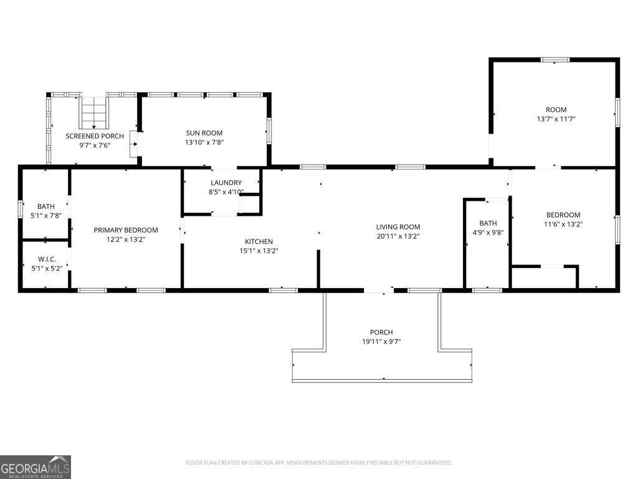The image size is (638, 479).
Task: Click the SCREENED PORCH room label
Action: click(95, 136)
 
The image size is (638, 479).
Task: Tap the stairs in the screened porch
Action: click(94, 112)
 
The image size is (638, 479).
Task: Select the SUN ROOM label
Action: click(204, 133)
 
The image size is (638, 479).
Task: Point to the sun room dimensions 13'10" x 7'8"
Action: click(204, 142)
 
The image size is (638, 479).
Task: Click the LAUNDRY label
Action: click(226, 183)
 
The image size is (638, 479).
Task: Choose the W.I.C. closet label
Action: click(47, 259)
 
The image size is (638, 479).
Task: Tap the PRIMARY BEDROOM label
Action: click(126, 230)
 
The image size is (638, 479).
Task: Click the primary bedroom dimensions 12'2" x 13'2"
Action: click(126, 239)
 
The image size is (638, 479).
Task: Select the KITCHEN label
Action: click(259, 241)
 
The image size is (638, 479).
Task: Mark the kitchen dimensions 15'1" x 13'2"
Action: click(259, 251)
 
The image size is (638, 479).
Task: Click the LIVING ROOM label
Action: click(398, 227)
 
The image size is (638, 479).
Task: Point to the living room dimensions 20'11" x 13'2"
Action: click(398, 236)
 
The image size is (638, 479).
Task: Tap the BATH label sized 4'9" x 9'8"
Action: click(488, 223)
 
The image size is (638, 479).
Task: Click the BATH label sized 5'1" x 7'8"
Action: click(46, 206)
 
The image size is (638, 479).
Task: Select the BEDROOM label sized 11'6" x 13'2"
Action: click(563, 215)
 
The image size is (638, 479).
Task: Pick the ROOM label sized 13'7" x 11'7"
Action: click(556, 110)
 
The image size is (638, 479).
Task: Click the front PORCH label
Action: click(381, 332)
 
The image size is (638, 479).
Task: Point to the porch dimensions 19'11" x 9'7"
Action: click(381, 342)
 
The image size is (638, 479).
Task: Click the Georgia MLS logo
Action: click(36, 467)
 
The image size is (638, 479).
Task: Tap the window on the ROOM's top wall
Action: click(555, 60)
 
